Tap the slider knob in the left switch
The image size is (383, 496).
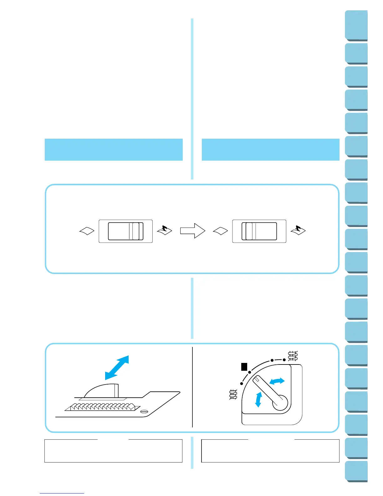pos(136,231)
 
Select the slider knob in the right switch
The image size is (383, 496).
pos(249,231)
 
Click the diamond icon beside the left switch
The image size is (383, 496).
pos(87,231)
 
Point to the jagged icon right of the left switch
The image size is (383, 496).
pos(165,230)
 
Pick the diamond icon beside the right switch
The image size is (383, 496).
pos(220,231)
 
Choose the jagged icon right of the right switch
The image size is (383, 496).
pos(298,230)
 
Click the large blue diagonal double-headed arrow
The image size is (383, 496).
pos(117,367)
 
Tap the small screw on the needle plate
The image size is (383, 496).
pos(144,411)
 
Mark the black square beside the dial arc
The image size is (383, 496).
pos(244,367)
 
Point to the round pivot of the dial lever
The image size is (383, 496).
pos(280,402)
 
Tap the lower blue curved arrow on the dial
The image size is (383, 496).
pos(258,400)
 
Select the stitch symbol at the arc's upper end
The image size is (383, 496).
pos(293,356)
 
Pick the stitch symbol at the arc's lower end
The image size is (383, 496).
pos(233,395)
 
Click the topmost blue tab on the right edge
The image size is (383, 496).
pos(356,25)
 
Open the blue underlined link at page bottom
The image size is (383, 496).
pos(62,493)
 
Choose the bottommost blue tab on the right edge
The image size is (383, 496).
pos(356,472)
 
